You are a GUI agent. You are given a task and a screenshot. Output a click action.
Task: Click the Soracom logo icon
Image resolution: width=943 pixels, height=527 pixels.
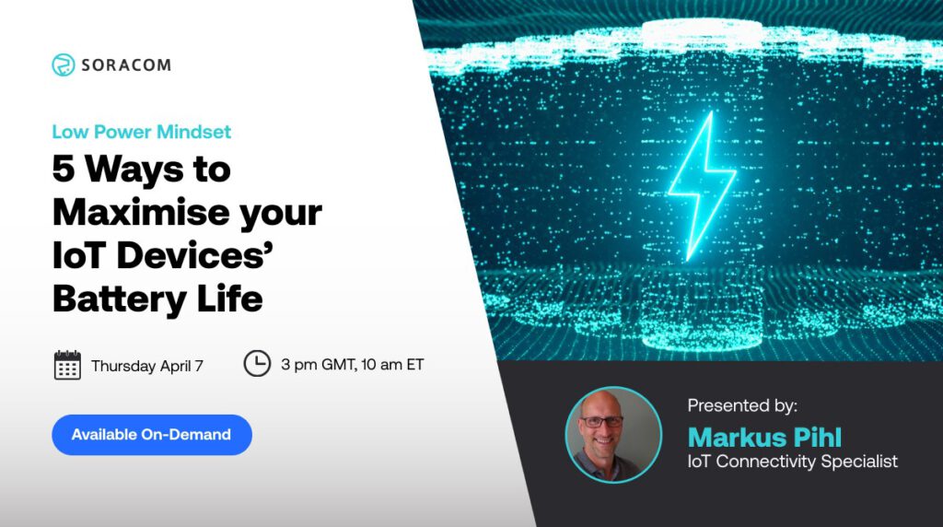(x=63, y=65)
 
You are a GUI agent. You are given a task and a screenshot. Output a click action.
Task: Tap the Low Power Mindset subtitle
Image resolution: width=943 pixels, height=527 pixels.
(x=141, y=132)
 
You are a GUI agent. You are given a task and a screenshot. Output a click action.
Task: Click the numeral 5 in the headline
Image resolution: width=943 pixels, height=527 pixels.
(x=64, y=170)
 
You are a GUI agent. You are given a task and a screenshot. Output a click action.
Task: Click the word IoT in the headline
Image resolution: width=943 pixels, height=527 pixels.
(x=79, y=257)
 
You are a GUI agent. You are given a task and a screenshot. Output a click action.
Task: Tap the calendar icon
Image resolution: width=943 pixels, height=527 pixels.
(x=67, y=365)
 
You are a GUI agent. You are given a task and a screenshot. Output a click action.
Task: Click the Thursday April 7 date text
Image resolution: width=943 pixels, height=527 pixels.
(x=147, y=366)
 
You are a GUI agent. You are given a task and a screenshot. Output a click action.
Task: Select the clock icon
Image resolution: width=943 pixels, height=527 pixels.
(x=257, y=364)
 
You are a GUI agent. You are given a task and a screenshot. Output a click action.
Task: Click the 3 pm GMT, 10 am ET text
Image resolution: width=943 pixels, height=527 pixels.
(x=352, y=365)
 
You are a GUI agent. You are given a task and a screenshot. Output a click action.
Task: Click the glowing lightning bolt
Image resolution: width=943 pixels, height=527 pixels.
(x=702, y=183)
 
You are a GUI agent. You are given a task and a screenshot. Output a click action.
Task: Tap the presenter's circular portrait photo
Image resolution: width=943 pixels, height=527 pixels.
(x=613, y=434)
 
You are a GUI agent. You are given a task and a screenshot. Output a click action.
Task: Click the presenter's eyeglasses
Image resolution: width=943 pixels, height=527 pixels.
(x=602, y=420)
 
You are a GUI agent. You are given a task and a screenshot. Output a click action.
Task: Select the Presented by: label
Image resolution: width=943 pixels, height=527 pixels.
(x=742, y=405)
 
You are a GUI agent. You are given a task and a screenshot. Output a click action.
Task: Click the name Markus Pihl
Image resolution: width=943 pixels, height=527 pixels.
(x=763, y=436)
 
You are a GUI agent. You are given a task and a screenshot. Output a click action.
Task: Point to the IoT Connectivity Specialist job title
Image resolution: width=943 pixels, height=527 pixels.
(x=792, y=462)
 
